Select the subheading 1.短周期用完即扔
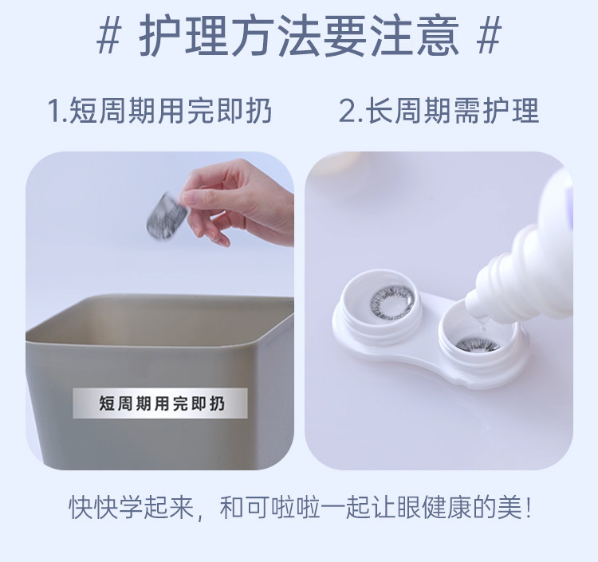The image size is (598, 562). coord(159,111)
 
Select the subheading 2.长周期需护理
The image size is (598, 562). coord(439,111)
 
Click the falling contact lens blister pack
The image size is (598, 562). coord(167,216)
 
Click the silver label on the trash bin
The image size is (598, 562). coord(160,403)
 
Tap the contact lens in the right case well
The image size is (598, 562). coord(477,344)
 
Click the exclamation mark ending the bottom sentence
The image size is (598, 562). coord(528,508)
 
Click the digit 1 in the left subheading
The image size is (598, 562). coord(53,112)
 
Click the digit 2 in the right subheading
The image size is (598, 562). coord(347,112)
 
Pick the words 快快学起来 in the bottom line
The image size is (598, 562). coord(132,508)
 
